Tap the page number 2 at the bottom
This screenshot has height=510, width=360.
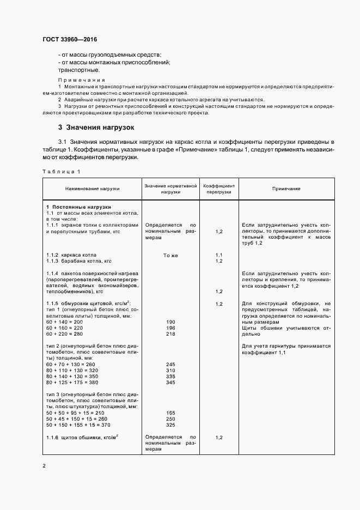pyautogui.click(x=44, y=466)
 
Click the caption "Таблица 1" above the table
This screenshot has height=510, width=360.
pyautogui.click(x=61, y=172)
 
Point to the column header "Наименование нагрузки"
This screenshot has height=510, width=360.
pyautogui.click(x=92, y=189)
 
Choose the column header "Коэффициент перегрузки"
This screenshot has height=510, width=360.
pyautogui.click(x=219, y=189)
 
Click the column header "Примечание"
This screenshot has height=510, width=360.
pyautogui.click(x=286, y=189)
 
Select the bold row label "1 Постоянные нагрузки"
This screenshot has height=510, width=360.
pyautogui.click(x=78, y=208)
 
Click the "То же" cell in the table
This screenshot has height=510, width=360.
pyautogui.click(x=170, y=255)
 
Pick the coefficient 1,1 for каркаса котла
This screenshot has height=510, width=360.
pyautogui.click(x=219, y=255)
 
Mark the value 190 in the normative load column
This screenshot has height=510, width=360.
pyautogui.click(x=170, y=323)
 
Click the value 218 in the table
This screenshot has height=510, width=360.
pyautogui.click(x=170, y=334)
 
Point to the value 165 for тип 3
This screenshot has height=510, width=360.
pyautogui.click(x=170, y=413)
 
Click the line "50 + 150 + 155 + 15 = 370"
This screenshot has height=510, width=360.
pyautogui.click(x=78, y=424)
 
